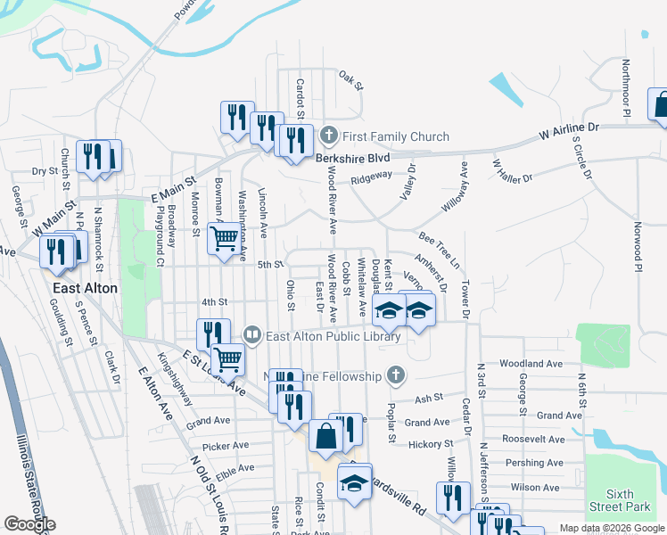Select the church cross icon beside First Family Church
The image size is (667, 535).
click(x=329, y=136)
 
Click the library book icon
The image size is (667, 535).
click(x=253, y=335)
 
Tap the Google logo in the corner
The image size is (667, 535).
click(x=29, y=524)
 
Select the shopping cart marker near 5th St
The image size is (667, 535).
click(x=223, y=238)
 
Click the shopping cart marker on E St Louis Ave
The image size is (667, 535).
click(x=228, y=359)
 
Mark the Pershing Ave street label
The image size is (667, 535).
click(x=536, y=463)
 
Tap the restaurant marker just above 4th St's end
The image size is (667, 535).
click(x=212, y=334)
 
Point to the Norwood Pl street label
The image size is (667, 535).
click(x=638, y=246)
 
